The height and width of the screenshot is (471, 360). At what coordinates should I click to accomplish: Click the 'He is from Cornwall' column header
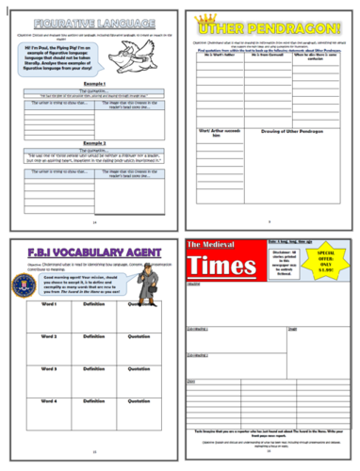265,57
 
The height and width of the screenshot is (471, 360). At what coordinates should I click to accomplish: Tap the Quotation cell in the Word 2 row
143,337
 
